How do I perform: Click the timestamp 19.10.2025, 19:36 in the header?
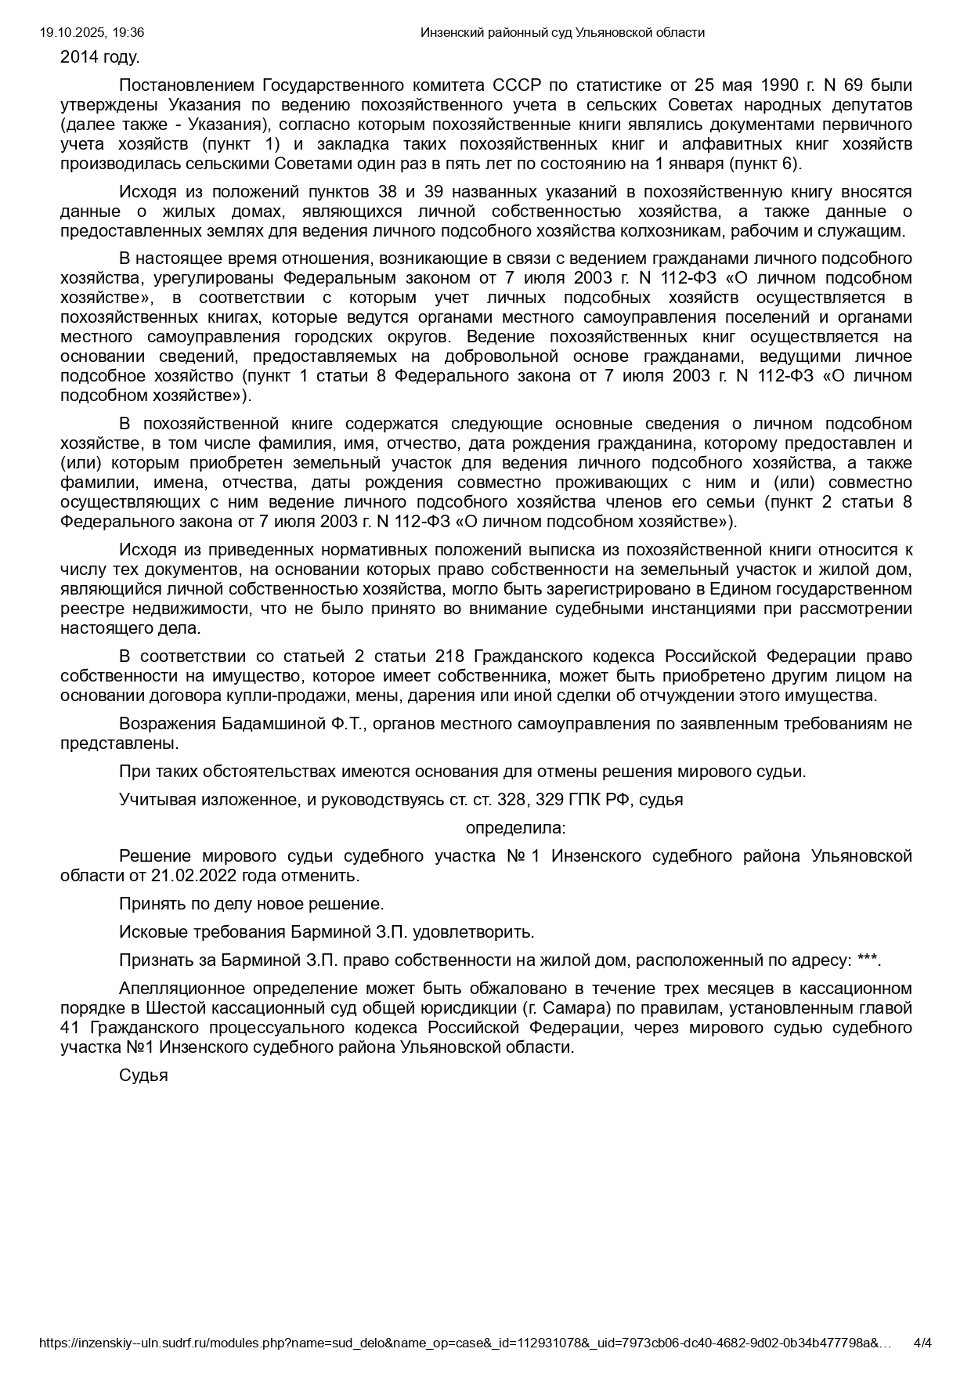[92, 32]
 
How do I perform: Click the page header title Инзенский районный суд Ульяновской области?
[562, 32]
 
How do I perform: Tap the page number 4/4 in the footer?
[923, 1343]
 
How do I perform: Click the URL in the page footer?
[465, 1343]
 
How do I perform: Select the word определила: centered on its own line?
[515, 828]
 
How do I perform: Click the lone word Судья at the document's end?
[143, 1076]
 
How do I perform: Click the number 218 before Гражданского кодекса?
[449, 656]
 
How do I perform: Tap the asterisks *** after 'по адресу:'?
[867, 960]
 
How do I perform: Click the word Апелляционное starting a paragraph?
[180, 989]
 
